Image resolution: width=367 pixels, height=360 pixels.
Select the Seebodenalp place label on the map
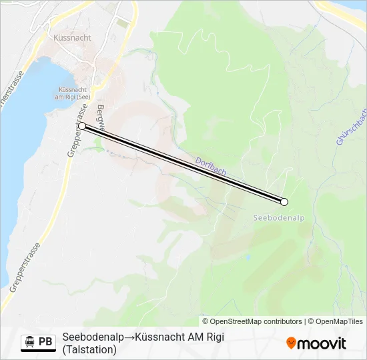coord(279,217)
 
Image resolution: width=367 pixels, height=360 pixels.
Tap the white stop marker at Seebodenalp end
coord(284,201)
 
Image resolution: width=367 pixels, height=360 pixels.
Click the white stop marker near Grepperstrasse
coord(82,125)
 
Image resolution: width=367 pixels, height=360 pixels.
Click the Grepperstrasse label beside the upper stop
coord(77,131)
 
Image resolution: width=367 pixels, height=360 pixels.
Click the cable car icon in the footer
coord(29,342)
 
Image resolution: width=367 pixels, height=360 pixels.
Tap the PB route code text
coord(45,342)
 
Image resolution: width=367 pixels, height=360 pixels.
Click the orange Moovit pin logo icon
coord(292,343)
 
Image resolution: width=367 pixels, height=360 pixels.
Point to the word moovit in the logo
coord(322,343)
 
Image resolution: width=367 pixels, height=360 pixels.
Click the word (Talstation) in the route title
coord(89,349)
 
